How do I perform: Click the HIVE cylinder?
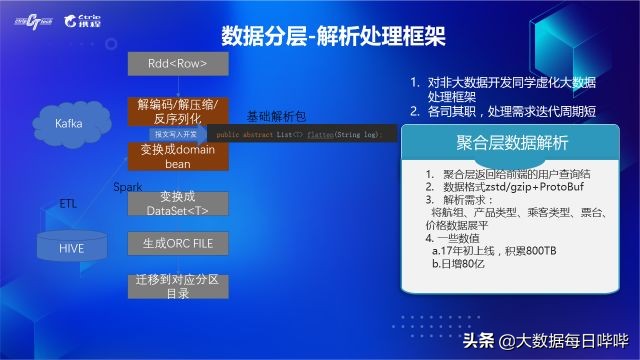pyautogui.click(x=72, y=246)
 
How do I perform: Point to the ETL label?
pyautogui.click(x=67, y=203)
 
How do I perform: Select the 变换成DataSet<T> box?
pyautogui.click(x=178, y=203)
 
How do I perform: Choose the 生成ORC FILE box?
pyautogui.click(x=178, y=242)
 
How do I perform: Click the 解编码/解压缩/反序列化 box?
pyautogui.click(x=178, y=112)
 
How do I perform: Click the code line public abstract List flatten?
pyautogui.click(x=300, y=133)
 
